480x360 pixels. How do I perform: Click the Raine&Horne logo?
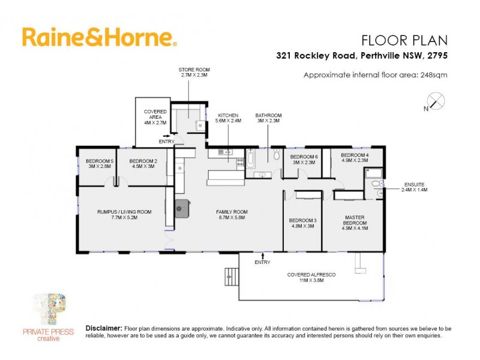tap(99, 37)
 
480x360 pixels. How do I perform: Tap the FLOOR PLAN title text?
tap(404, 40)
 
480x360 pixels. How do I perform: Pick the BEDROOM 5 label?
tap(99, 161)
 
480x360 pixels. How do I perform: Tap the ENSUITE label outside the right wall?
tap(414, 184)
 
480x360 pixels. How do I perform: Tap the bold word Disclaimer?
tap(104, 329)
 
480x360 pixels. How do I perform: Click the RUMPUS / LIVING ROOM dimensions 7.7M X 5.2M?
tap(124, 218)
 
